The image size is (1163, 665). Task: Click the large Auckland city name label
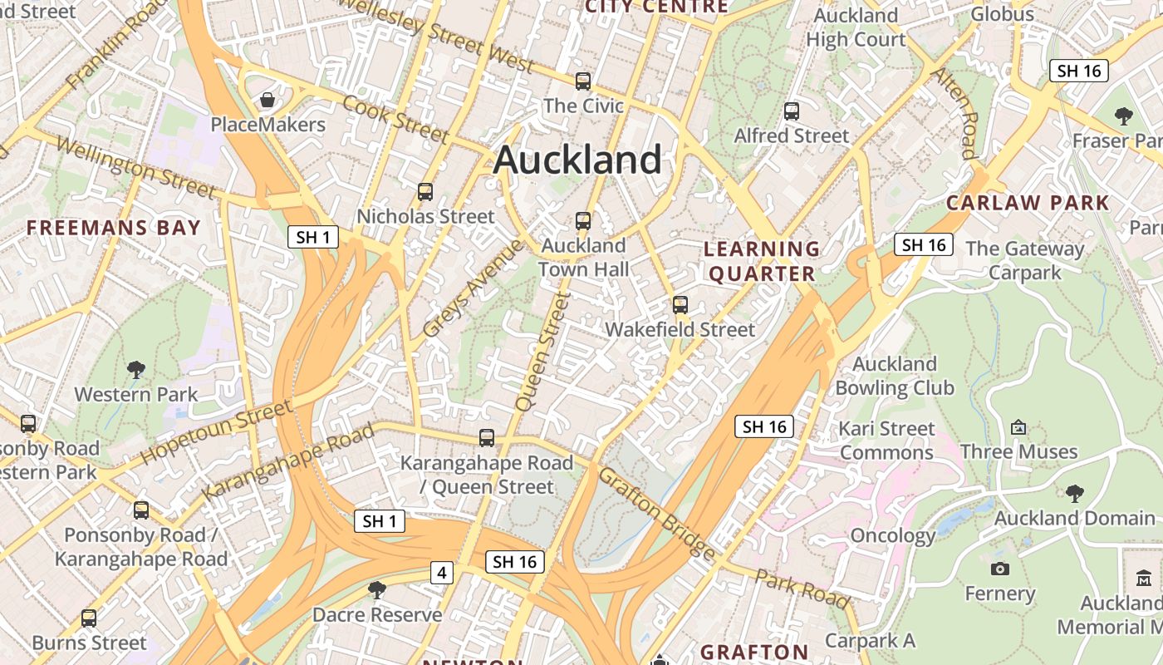pos(577,160)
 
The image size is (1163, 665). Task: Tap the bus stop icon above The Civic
pos(583,81)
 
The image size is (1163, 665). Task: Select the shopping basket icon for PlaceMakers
pos(267,101)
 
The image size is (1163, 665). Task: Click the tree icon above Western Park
pos(136,370)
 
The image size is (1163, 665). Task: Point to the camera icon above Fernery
pos(1000,569)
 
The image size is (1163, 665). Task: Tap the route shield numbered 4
pos(442,573)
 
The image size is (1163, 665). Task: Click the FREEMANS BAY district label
pos(114,228)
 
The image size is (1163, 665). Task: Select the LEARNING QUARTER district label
pos(762,261)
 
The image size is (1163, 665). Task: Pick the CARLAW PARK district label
pos(1028,203)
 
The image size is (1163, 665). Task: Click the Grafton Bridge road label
pos(656,513)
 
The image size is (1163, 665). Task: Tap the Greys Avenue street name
pos(474,288)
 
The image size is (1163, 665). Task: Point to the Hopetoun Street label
pos(216,431)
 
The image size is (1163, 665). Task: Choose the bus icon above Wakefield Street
pos(680,305)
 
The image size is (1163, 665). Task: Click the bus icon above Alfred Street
pos(792,111)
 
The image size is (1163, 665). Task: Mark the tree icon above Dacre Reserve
pos(377,590)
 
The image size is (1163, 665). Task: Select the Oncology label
pos(892,535)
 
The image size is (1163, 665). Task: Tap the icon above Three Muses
pos(1018,427)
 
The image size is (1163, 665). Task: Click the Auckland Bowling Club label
pos(894,376)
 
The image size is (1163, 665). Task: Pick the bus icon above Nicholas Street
pos(425,192)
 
